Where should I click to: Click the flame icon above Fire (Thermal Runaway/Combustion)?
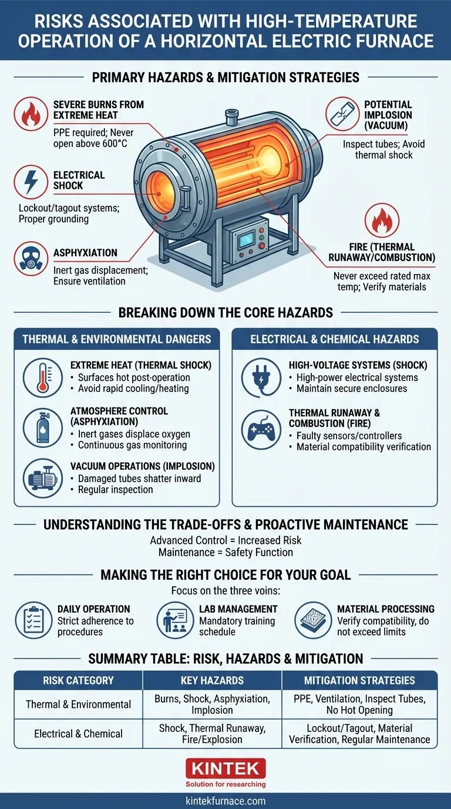coord(382,221)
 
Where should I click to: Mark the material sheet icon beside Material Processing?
coord(312,621)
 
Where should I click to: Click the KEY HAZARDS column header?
coord(212,680)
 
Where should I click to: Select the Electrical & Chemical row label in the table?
coord(78,734)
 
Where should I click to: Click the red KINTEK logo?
coord(225,768)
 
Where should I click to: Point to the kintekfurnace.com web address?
coord(225,801)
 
